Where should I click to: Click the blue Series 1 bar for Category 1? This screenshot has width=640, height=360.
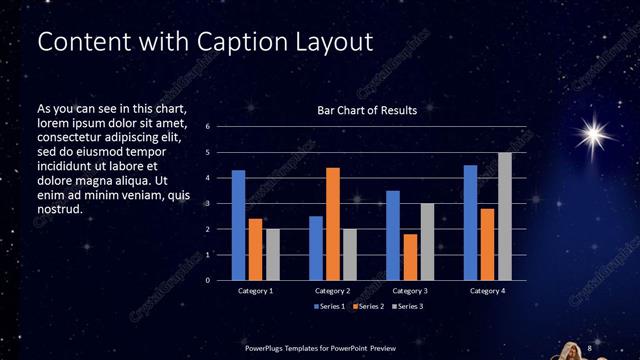click(238, 225)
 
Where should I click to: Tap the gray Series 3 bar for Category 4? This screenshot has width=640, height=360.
click(505, 216)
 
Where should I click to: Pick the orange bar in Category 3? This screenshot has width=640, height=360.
click(410, 257)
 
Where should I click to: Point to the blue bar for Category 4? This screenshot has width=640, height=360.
click(470, 222)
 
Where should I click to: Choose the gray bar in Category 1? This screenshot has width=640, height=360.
click(273, 254)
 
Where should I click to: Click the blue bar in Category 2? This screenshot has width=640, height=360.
click(316, 248)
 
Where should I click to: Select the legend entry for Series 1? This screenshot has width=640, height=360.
click(331, 305)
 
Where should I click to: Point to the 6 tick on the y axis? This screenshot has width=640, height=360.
click(207, 127)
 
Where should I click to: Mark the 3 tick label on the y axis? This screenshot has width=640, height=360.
click(207, 204)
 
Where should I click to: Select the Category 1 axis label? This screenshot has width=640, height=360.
click(256, 291)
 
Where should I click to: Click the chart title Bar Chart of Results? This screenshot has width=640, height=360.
click(360, 110)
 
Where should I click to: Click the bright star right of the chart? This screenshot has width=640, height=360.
click(596, 133)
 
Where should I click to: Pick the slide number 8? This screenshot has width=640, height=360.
click(590, 347)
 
